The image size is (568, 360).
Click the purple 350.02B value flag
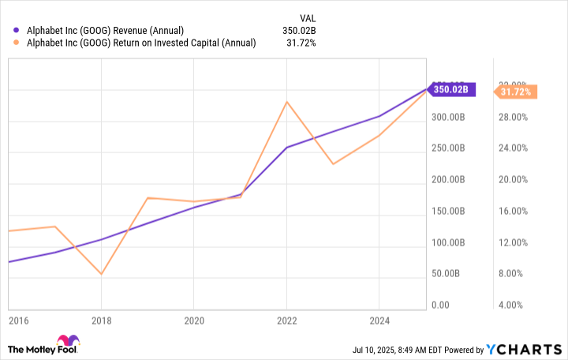[x=452, y=89]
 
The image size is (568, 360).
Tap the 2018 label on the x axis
[x=101, y=321]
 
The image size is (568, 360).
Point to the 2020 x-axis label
[x=194, y=321]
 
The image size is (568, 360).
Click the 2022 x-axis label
[x=286, y=321]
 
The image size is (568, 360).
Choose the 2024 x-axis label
[x=379, y=321]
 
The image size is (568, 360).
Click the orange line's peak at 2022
[x=286, y=102]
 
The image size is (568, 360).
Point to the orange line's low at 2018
[x=101, y=274]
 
